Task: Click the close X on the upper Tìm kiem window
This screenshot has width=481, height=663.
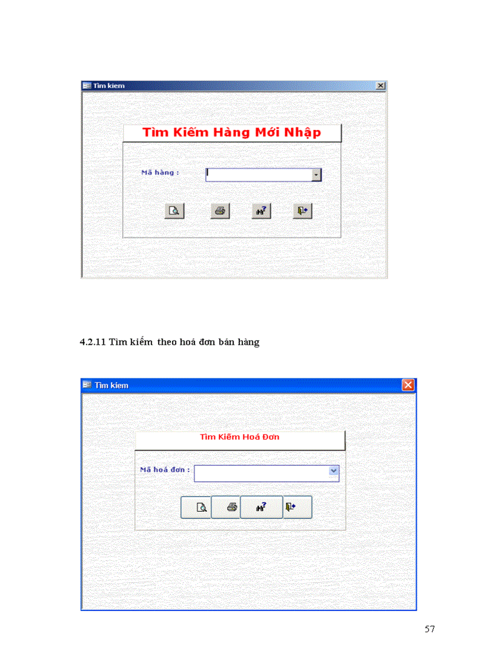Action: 380,86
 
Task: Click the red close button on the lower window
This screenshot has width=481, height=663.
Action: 408,385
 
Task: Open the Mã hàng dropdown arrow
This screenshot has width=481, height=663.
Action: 317,175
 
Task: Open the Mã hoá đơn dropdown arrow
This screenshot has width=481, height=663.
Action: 334,471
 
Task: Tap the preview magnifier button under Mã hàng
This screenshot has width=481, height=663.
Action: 174,211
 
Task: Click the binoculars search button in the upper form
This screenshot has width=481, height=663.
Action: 261,211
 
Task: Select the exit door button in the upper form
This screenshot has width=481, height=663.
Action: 302,211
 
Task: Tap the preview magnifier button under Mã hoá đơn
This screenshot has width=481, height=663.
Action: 196,507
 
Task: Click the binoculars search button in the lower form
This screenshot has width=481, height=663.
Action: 261,507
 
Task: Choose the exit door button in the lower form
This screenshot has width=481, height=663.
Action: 297,507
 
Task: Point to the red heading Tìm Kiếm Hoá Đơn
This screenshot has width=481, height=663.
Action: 239,437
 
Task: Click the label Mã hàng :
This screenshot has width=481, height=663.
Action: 160,172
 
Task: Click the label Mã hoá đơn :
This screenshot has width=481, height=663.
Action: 164,470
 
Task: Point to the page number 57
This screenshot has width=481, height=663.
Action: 430,629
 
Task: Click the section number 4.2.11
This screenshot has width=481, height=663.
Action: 93,342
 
